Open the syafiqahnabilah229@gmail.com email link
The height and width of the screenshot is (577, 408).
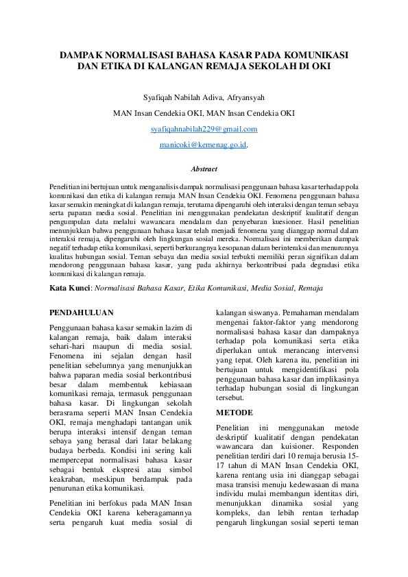204,129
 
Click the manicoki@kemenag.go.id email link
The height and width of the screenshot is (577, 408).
203,145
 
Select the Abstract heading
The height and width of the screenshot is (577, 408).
204,169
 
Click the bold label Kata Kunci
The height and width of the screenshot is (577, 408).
70,289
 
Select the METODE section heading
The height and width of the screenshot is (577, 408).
235,413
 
